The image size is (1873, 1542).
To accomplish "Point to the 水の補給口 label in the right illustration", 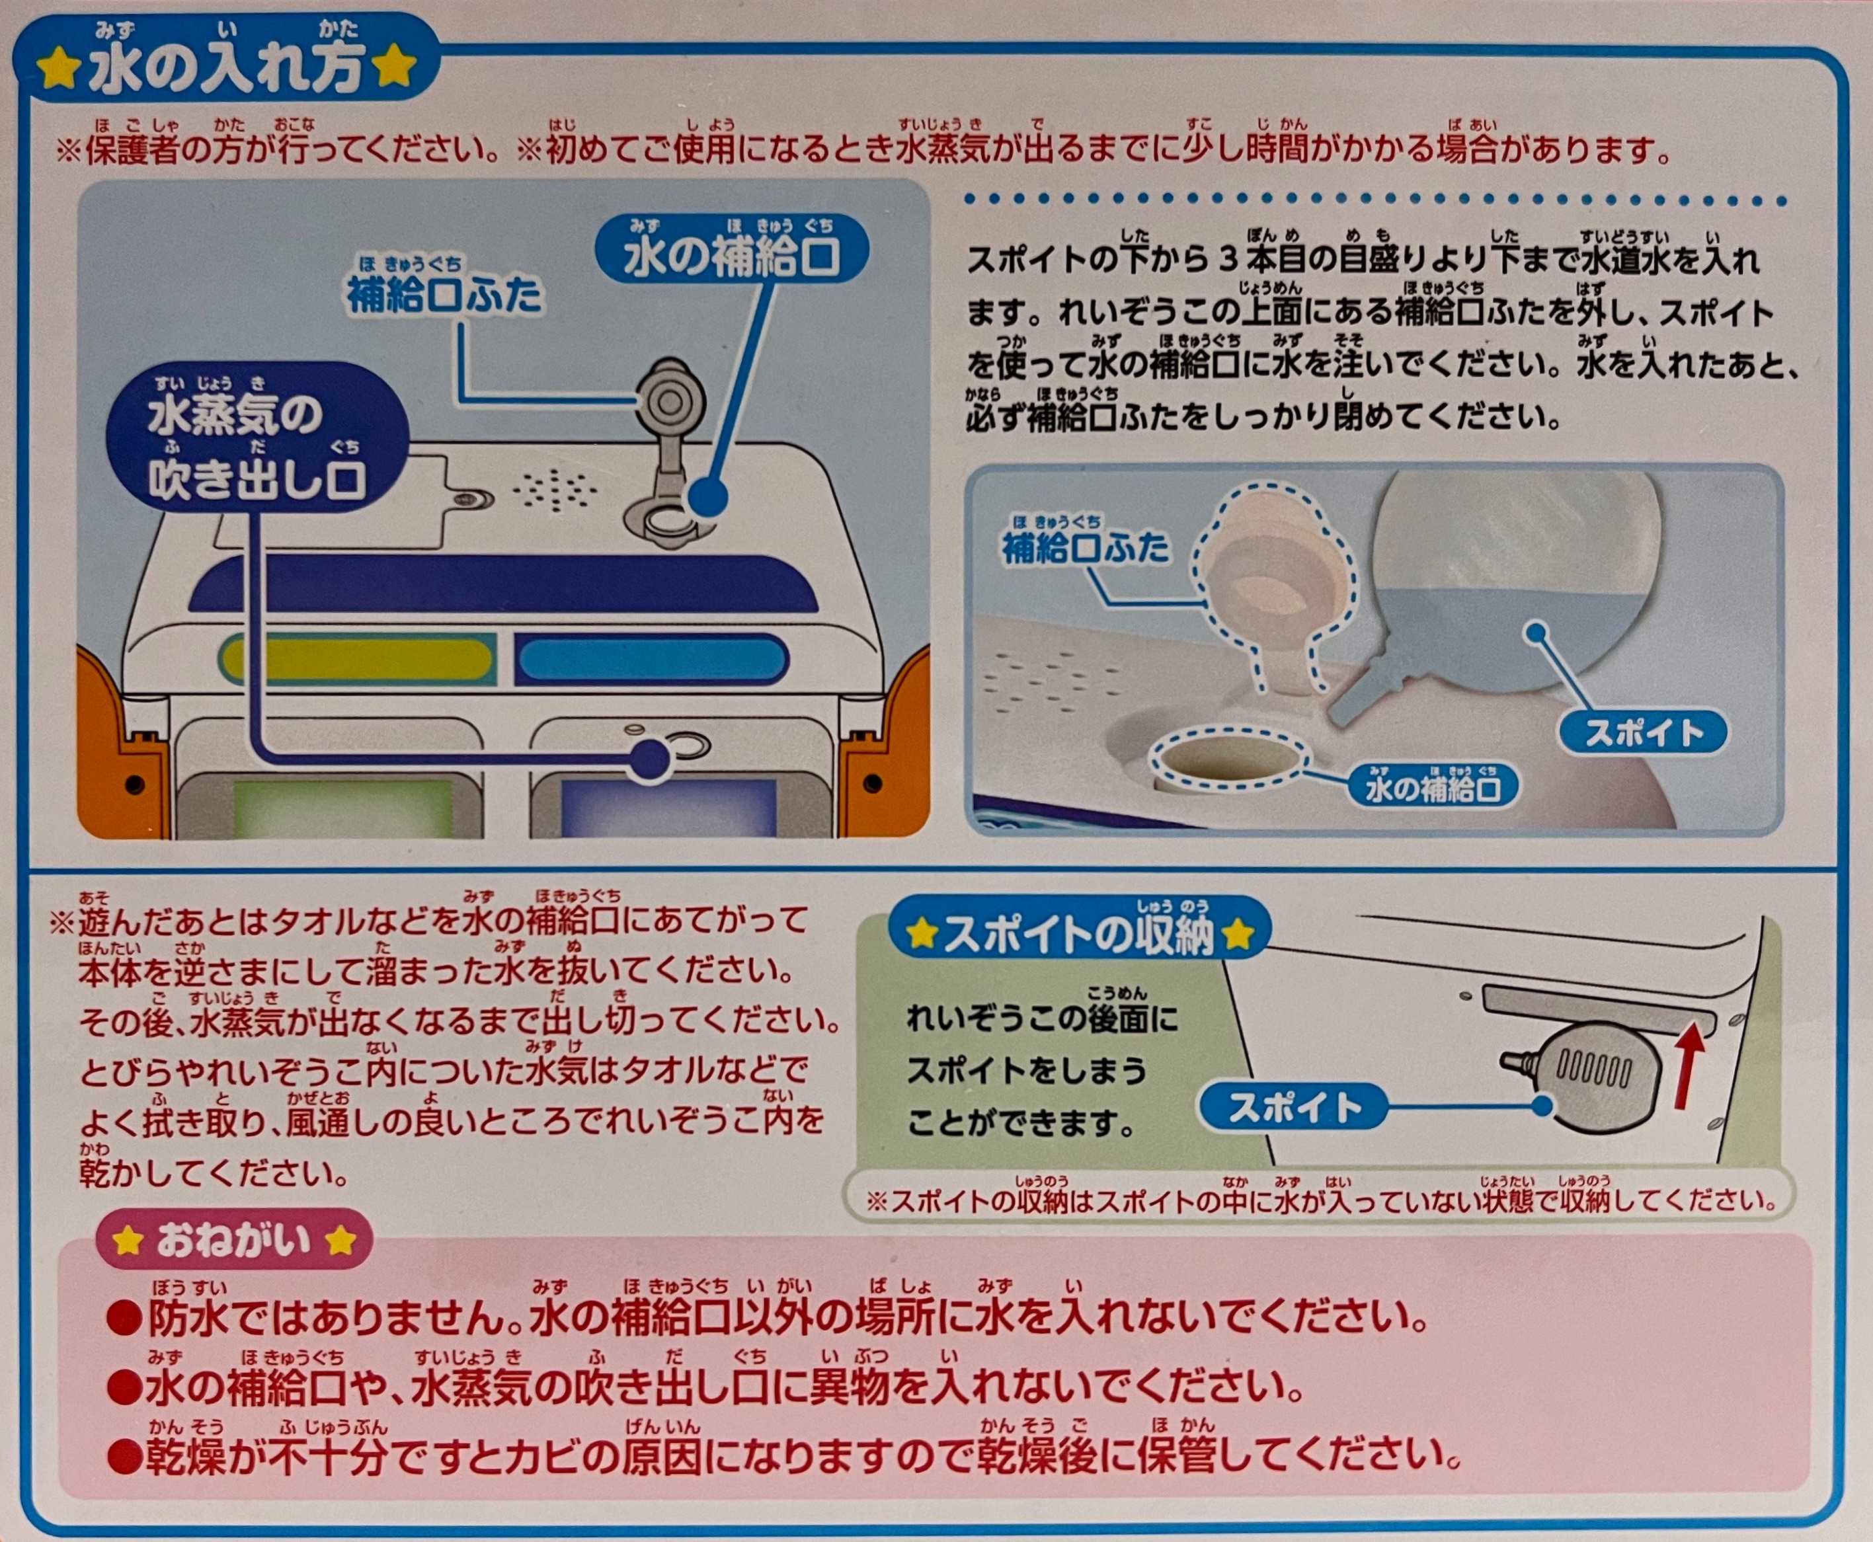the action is pyautogui.click(x=1433, y=789).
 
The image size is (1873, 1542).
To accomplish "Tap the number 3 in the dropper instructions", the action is pyautogui.click(x=1230, y=261).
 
